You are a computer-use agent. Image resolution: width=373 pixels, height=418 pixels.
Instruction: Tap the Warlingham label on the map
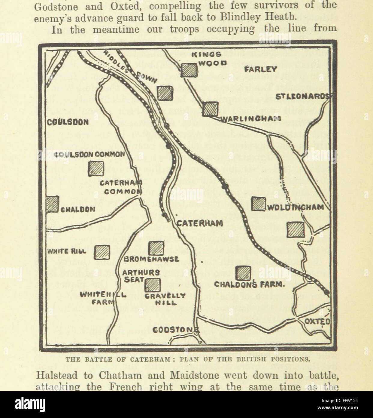click(x=250, y=118)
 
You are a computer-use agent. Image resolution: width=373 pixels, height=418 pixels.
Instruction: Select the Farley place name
click(x=260, y=69)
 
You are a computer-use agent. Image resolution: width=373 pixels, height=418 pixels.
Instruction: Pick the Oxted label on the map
click(x=317, y=321)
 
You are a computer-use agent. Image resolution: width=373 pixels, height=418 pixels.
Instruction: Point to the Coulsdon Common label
click(x=89, y=154)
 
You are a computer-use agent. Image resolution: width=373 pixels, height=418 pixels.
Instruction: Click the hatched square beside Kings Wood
click(x=189, y=70)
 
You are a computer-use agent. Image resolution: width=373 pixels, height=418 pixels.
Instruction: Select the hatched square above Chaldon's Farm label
click(x=243, y=273)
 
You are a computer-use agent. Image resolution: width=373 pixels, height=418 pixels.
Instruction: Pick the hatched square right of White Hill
click(x=102, y=252)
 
